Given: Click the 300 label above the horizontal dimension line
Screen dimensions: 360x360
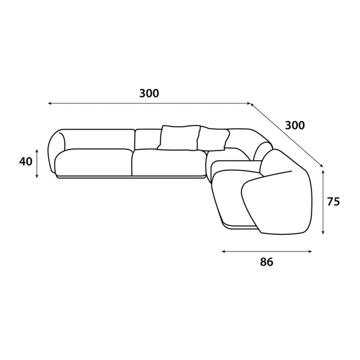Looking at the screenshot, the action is (149, 93).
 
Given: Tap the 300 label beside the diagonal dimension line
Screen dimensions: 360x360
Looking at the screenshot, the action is (295, 125).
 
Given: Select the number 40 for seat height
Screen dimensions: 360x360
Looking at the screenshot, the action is (26, 161).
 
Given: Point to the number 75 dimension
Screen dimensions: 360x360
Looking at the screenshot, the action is (334, 202).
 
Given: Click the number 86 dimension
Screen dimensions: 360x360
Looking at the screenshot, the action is (267, 262).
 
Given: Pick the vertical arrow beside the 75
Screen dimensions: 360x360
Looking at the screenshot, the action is (323, 202).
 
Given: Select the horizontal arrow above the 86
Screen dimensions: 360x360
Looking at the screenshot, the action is (267, 251).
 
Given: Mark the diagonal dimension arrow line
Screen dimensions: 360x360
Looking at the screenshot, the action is (287, 134).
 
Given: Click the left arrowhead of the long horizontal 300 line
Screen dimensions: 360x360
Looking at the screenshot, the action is (50, 103).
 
